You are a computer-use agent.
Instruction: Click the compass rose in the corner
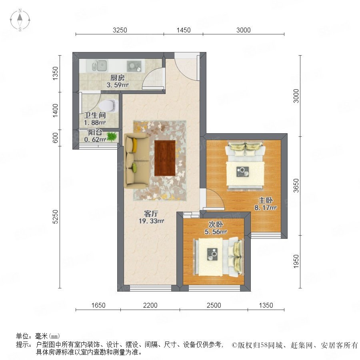pos(20,20)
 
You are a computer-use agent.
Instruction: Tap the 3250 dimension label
pos(120,30)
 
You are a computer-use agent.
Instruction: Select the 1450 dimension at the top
pos(184,30)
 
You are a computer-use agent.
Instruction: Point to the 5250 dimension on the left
pos(55,217)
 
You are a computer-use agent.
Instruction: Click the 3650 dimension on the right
pos(296,186)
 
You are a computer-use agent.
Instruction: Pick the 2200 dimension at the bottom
pos(150,305)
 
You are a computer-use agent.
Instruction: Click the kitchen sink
pos(100,66)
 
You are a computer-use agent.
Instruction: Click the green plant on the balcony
pos(112,137)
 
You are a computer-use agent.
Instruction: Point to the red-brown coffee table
pos(165,158)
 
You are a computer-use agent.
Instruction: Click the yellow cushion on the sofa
pos(134,145)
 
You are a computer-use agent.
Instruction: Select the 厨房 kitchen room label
pos(117,78)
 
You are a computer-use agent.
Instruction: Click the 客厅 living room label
pos(151,214)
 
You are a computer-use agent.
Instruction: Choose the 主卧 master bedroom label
pos(266,200)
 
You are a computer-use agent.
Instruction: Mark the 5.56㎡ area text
pos(216,232)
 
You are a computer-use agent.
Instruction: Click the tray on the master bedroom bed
pos(243,172)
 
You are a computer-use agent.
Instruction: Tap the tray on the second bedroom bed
pos(212,254)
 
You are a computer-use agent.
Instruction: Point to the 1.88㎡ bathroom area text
pos(94,123)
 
